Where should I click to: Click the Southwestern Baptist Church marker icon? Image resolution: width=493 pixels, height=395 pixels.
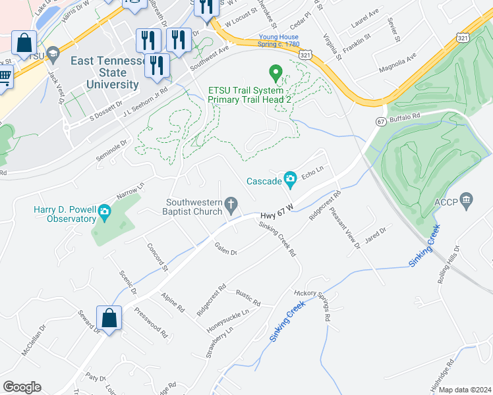coord(231,207)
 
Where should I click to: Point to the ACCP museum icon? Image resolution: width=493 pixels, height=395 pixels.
coord(467,199)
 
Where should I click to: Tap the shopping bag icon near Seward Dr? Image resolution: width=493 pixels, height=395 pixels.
coord(109,319)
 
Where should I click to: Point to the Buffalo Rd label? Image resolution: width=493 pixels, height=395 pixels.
coord(403,117)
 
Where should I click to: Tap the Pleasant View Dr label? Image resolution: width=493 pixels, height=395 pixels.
coord(346,227)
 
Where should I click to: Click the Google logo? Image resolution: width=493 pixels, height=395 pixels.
coord(22,387)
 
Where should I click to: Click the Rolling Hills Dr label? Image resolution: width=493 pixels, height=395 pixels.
coord(449,269)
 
